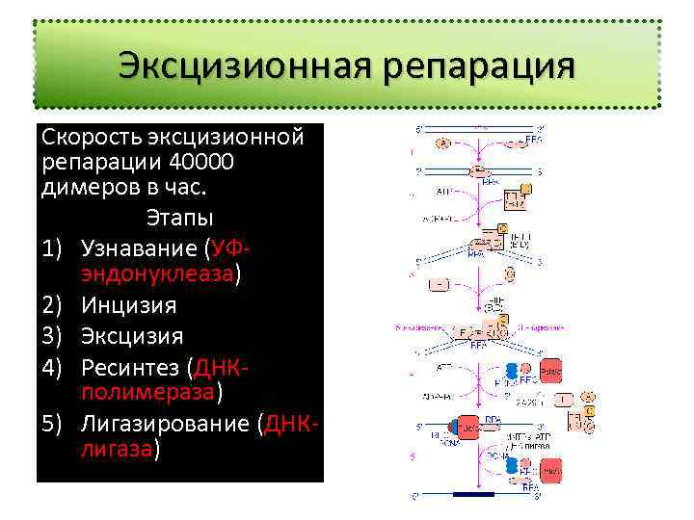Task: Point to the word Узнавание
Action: [141, 247]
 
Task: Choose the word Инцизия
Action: [128, 305]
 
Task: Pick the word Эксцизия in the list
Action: [132, 336]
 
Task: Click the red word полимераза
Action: [148, 393]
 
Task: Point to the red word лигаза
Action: [117, 450]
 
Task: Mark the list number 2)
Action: [54, 305]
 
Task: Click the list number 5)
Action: [54, 425]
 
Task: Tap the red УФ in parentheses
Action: [229, 247]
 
